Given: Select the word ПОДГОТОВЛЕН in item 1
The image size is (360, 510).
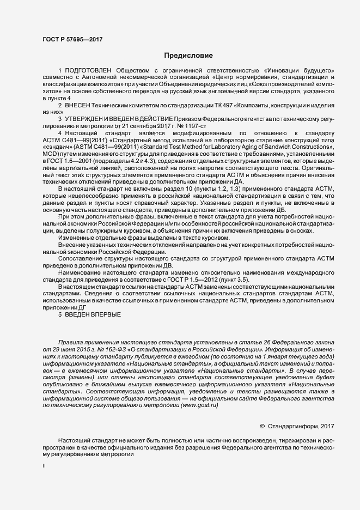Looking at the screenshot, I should pyautogui.click(x=88, y=71).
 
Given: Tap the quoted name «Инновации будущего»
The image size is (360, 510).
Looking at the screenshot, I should pyautogui.click(x=298, y=71).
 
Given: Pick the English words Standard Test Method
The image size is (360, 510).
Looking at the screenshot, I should pyautogui.click(x=186, y=147).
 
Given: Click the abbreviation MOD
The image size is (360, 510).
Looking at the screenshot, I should pyautogui.click(x=51, y=154).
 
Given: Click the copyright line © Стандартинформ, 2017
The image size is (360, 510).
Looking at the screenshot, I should pyautogui.click(x=297, y=426).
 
